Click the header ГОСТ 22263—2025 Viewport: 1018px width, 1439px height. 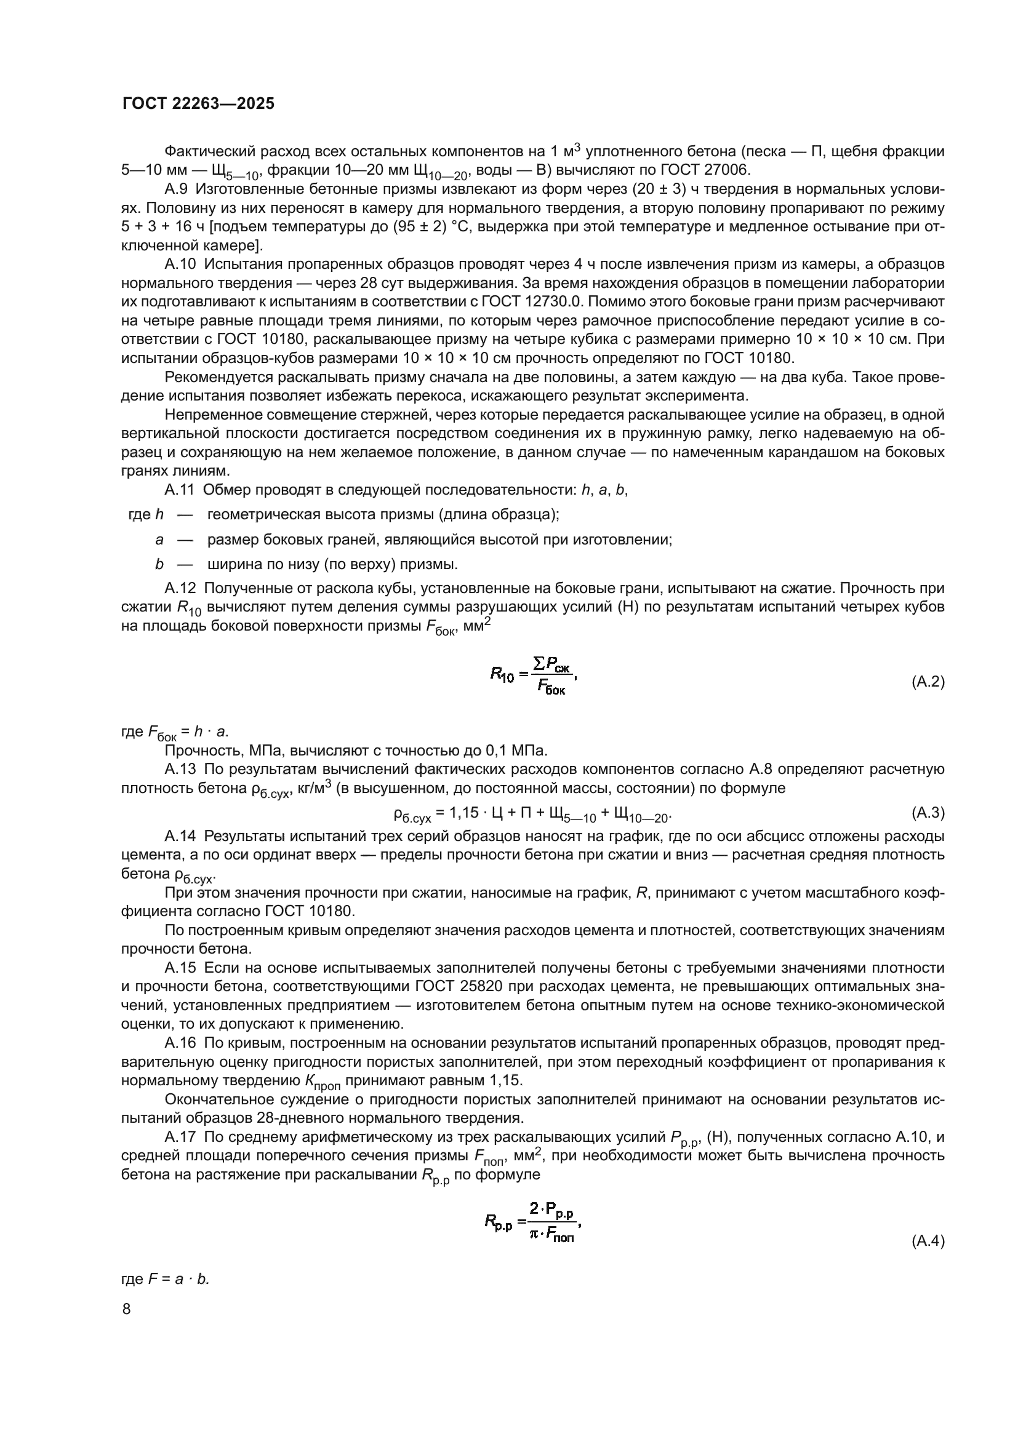(x=198, y=104)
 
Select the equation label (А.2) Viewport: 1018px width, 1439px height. (x=927, y=682)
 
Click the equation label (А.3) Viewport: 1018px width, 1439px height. (x=927, y=813)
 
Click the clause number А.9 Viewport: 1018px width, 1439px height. (x=176, y=189)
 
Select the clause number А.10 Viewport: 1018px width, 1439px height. (x=180, y=265)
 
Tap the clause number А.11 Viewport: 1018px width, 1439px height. (x=179, y=490)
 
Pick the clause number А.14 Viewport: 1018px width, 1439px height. (x=180, y=836)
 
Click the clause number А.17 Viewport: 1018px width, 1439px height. (x=180, y=1137)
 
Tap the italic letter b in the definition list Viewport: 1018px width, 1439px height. (x=159, y=564)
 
